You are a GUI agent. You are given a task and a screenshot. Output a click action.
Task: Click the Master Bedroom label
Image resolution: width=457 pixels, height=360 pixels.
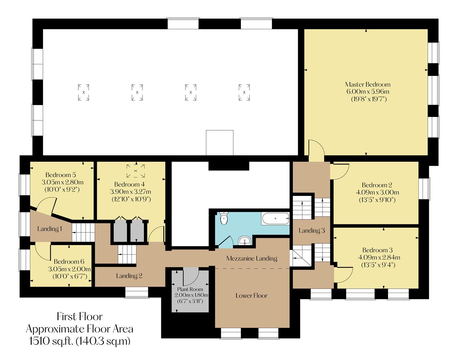367,84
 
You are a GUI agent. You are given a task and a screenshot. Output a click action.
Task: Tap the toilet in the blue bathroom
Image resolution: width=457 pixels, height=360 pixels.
224,218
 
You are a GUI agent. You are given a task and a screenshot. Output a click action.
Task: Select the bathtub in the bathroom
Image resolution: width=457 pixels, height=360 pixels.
275,219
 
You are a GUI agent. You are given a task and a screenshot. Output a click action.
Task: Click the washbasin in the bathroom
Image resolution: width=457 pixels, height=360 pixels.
245,240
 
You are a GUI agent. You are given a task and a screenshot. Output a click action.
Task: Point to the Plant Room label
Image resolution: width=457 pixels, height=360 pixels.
190,289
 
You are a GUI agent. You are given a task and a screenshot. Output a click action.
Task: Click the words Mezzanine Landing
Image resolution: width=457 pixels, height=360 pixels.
251,258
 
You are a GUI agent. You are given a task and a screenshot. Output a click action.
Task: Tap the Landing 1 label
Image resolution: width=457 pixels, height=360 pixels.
50,229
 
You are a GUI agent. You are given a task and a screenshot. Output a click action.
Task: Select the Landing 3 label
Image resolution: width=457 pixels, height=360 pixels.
311,230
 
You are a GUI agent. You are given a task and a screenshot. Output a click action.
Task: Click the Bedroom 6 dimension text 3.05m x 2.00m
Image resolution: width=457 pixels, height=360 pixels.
69,269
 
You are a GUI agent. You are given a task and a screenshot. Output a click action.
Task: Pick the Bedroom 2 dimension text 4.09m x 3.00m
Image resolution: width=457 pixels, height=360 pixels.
377,192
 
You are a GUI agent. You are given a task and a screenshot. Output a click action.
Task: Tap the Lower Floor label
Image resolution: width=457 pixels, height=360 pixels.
251,295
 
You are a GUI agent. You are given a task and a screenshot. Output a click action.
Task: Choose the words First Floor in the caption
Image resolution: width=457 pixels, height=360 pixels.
80,316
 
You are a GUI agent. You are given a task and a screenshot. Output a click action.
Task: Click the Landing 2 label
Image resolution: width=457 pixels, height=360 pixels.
129,276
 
